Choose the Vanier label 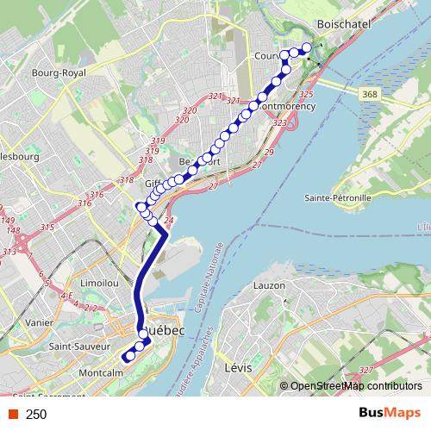tap(40, 322)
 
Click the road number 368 tap(369, 94)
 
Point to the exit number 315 tap(47, 227)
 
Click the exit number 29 tap(269, 153)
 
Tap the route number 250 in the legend tap(36, 415)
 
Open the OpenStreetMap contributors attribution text tap(355, 386)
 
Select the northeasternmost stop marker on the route tap(305, 47)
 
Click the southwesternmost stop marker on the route tap(127, 357)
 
